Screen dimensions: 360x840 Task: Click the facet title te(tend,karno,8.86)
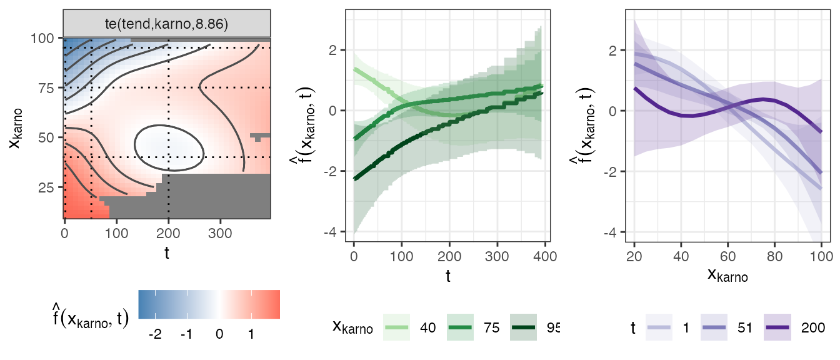[167, 24]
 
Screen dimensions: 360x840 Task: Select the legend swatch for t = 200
[779, 327]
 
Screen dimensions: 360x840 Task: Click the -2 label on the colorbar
[156, 334]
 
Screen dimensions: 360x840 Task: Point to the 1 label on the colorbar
[251, 334]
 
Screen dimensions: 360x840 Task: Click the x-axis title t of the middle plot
[448, 275]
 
